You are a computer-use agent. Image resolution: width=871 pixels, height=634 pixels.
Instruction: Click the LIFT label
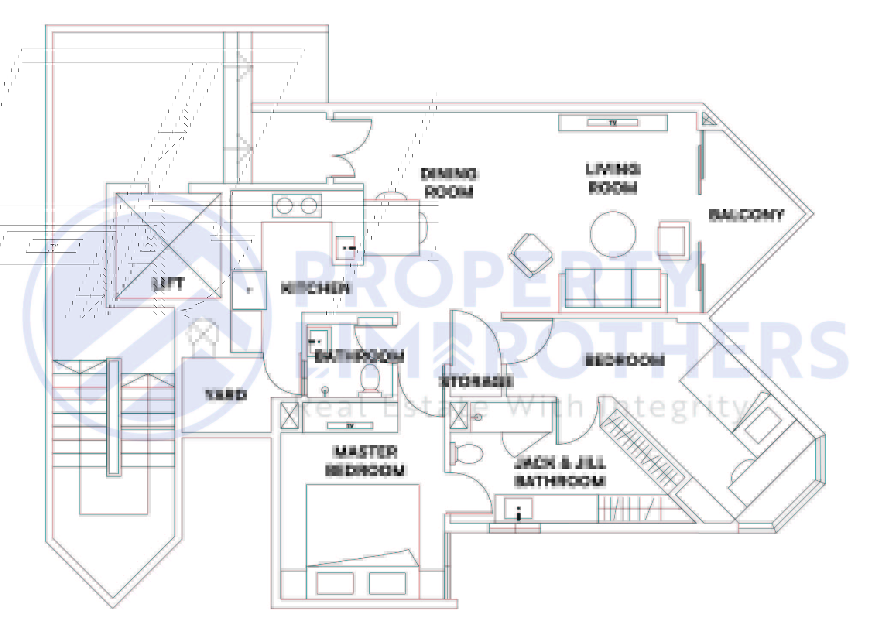pyautogui.click(x=169, y=284)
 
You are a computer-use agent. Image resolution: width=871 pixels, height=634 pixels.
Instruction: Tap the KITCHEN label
pyautogui.click(x=315, y=289)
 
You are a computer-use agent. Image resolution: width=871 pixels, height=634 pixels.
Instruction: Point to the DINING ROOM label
pyautogui.click(x=449, y=183)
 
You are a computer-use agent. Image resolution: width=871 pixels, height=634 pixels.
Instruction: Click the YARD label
pyautogui.click(x=226, y=395)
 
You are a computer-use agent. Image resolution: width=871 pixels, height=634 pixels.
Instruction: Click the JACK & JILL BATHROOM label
pyautogui.click(x=560, y=473)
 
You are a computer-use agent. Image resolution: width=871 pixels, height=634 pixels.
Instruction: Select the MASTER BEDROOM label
pyautogui.click(x=365, y=461)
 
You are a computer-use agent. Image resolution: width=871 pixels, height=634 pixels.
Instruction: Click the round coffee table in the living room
pyautogui.click(x=613, y=234)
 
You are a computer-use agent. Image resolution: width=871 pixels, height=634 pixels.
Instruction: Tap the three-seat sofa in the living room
pyautogui.click(x=613, y=289)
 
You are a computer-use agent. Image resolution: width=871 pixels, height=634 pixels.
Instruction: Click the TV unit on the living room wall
pyautogui.click(x=613, y=123)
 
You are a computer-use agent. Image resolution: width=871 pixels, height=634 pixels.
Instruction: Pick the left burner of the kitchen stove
pyautogui.click(x=284, y=206)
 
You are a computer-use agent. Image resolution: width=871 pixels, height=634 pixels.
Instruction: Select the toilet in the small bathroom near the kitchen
pyautogui.click(x=370, y=378)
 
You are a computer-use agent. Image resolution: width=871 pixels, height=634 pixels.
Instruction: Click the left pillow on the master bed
pyautogui.click(x=335, y=584)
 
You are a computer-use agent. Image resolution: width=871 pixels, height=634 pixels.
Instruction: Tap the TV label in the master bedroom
pyautogui.click(x=350, y=426)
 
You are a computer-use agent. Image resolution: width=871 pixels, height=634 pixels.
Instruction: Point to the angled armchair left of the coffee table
pyautogui.click(x=530, y=255)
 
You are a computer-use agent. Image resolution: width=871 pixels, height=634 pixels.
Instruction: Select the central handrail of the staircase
pyautogui.click(x=114, y=418)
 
